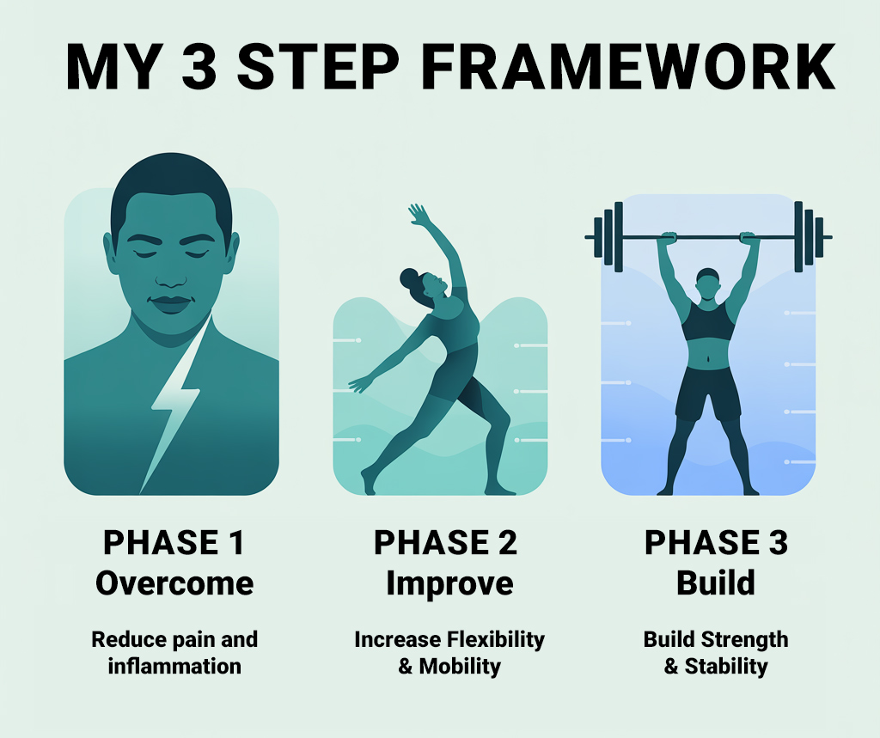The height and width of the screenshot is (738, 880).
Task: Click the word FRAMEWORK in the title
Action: (x=628, y=66)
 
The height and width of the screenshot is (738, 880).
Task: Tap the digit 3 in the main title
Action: (x=199, y=66)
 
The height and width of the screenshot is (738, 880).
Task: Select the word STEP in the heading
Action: (x=318, y=66)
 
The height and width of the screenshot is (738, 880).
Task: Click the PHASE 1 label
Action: (x=174, y=543)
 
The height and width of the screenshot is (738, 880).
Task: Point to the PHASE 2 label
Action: (x=446, y=543)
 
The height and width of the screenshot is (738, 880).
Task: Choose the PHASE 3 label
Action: (x=716, y=543)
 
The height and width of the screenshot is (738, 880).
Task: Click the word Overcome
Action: (x=174, y=583)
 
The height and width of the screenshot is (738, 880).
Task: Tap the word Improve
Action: (x=449, y=583)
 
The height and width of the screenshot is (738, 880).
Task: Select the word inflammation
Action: (x=174, y=666)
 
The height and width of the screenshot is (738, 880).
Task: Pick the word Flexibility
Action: (x=496, y=640)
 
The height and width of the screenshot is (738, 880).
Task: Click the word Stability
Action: (x=726, y=667)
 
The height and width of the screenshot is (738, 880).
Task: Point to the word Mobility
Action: (x=460, y=666)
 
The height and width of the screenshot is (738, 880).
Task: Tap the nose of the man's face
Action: (x=171, y=275)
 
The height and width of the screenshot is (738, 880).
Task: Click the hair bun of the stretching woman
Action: (x=409, y=278)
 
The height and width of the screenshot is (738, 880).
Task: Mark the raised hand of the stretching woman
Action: (x=419, y=215)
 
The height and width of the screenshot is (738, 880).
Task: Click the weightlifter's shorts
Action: (x=708, y=393)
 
